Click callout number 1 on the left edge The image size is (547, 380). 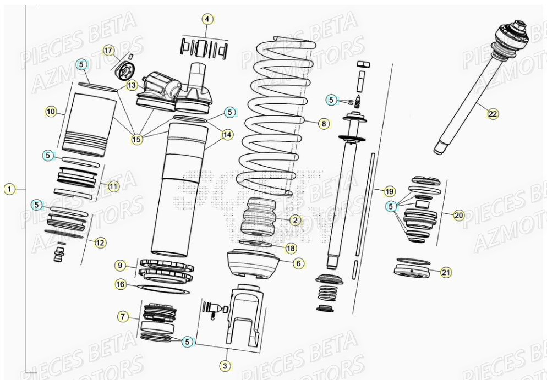(x=8, y=189)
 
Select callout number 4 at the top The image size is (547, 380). (x=207, y=20)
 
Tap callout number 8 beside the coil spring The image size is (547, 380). (x=324, y=124)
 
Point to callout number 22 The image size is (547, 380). (x=492, y=114)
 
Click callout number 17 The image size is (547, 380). (x=108, y=51)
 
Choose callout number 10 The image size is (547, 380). (x=51, y=112)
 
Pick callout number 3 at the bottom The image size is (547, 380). (x=225, y=365)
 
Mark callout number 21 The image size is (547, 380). (x=446, y=272)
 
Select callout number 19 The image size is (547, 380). (x=389, y=191)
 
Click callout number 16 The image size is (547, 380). (x=121, y=284)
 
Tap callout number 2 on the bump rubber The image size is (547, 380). (x=295, y=221)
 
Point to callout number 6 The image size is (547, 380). (x=298, y=263)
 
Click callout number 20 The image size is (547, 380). (x=458, y=215)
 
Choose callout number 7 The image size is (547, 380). (x=123, y=316)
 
